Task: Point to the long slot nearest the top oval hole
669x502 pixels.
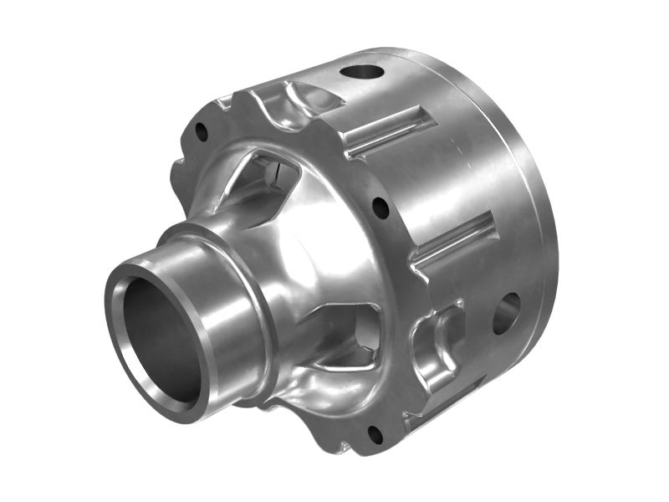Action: [390, 131]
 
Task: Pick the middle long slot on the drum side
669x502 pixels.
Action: [456, 238]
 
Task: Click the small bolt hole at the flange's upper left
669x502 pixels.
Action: [201, 131]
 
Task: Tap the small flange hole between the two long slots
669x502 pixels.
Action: [380, 207]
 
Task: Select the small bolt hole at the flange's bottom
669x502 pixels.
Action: [375, 434]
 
